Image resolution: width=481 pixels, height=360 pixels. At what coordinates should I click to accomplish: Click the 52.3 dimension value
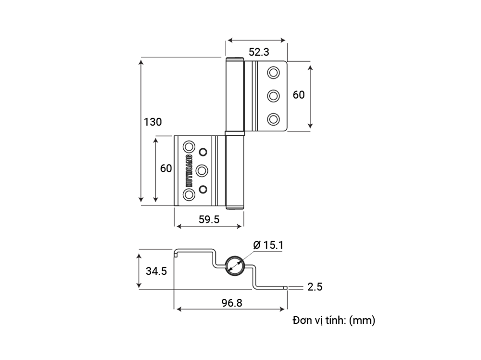click(259, 52)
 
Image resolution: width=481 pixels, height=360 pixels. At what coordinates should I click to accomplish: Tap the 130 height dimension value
click(152, 122)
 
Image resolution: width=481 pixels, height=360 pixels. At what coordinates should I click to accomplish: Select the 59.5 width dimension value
click(209, 219)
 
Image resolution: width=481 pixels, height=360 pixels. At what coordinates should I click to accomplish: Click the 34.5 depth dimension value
click(156, 271)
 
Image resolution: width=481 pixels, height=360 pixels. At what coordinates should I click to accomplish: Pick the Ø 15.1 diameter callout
click(268, 245)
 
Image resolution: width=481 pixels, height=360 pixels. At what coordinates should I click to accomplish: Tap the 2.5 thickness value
click(315, 287)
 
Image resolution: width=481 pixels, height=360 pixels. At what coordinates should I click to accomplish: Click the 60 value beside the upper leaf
click(299, 95)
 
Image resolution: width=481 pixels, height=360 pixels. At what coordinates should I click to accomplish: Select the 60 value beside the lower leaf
click(166, 168)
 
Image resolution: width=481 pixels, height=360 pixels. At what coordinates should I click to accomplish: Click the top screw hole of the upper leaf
click(273, 73)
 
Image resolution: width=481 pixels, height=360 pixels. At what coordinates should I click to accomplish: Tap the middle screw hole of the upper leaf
click(273, 96)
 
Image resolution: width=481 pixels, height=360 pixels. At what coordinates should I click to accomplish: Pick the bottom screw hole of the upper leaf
click(273, 118)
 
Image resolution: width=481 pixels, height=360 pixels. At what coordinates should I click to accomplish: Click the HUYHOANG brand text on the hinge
click(189, 170)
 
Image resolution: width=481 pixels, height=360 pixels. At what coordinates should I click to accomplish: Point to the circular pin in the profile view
click(236, 265)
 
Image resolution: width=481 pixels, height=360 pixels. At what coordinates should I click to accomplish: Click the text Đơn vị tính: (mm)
click(333, 320)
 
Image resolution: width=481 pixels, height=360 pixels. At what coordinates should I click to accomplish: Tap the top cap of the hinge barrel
click(235, 59)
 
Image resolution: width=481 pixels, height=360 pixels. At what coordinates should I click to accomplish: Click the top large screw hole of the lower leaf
click(189, 146)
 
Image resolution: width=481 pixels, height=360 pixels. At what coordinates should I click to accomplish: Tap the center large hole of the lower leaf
click(203, 170)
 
